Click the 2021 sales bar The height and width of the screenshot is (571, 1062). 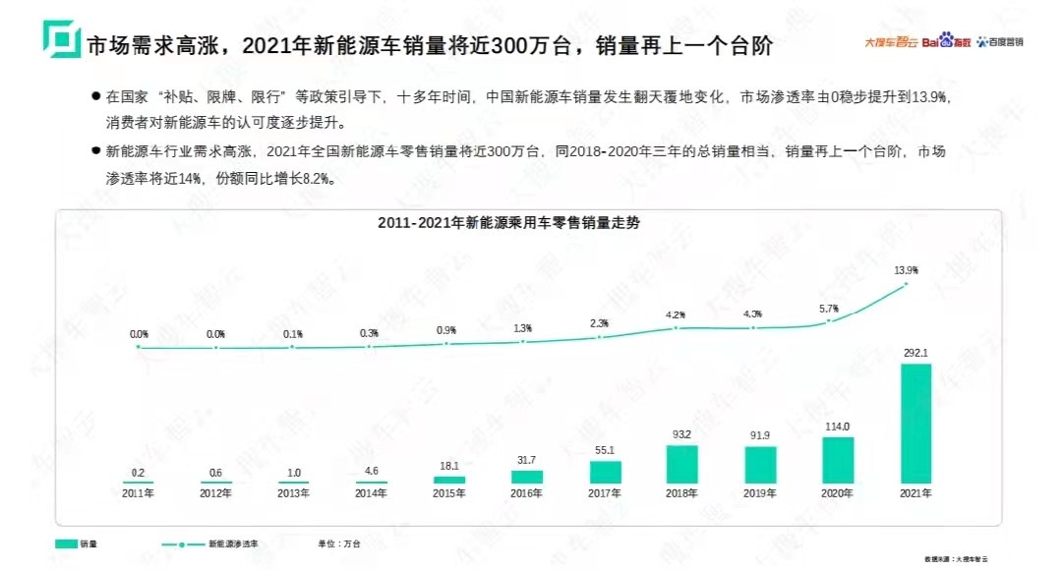point(915,424)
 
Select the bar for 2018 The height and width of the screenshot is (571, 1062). point(681,464)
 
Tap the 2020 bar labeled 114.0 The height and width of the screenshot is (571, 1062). point(838,459)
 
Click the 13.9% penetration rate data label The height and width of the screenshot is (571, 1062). point(906,269)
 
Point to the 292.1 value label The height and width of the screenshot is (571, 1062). point(915,351)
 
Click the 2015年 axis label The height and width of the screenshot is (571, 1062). point(448,492)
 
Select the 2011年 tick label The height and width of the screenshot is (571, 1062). point(138,492)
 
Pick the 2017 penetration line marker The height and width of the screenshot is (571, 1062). point(599,337)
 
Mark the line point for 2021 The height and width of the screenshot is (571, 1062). point(906,285)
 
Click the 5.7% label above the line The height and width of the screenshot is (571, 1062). point(831,307)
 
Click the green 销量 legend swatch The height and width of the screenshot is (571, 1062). point(66,542)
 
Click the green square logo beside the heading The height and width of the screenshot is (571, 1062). point(61,40)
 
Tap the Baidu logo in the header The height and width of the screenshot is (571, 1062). point(944,41)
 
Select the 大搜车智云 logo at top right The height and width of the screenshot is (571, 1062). point(890,42)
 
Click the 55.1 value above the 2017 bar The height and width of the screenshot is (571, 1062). point(603,449)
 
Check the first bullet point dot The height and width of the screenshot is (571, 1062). point(95,97)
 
